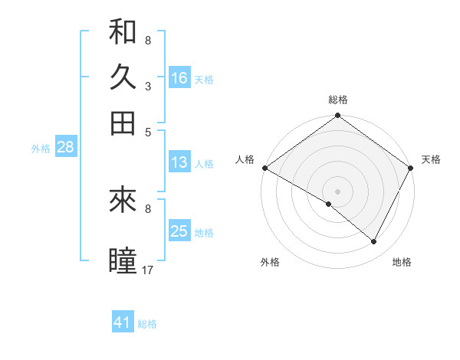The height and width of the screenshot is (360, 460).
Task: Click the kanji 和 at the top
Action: click(123, 31)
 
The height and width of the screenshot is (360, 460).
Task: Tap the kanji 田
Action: click(123, 123)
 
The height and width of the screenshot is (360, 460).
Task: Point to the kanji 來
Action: click(123, 201)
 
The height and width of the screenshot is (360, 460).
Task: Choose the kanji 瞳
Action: click(123, 260)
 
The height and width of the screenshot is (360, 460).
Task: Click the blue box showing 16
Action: click(179, 78)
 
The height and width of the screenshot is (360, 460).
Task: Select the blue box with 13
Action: click(179, 162)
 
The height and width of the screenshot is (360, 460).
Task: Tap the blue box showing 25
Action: click(179, 231)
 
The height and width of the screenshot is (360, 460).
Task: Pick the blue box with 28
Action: click(65, 148)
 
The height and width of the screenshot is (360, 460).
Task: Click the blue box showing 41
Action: click(123, 322)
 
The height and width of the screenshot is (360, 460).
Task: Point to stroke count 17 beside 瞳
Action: click(149, 270)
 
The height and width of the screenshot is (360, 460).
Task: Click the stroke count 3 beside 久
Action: click(148, 86)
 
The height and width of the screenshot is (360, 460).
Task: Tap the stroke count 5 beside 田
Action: click(148, 132)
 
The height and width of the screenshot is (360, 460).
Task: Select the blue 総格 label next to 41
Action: click(147, 324)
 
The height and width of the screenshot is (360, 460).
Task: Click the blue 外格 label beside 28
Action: click(41, 149)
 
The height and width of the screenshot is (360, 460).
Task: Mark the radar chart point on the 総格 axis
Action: click(337, 116)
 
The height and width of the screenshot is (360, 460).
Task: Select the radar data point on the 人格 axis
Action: click(264, 168)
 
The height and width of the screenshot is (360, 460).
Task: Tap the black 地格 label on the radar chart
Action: click(402, 262)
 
